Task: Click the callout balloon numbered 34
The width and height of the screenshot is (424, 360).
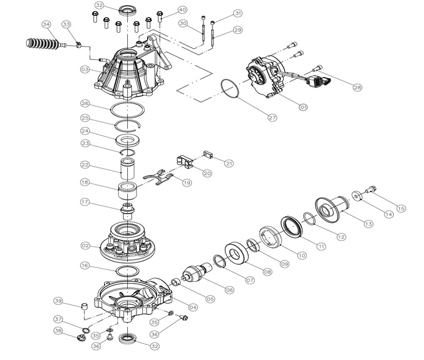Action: click(45, 24)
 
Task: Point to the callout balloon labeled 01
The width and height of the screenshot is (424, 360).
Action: click(303, 107)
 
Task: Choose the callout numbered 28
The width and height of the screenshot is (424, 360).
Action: click(357, 88)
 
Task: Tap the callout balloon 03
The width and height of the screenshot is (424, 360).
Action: click(85, 69)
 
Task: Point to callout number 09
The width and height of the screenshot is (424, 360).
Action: click(284, 264)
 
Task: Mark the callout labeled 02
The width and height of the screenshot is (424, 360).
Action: click(85, 245)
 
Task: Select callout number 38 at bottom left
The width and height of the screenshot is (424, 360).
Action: click(58, 331)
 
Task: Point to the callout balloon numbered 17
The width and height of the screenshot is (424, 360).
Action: click(85, 202)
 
